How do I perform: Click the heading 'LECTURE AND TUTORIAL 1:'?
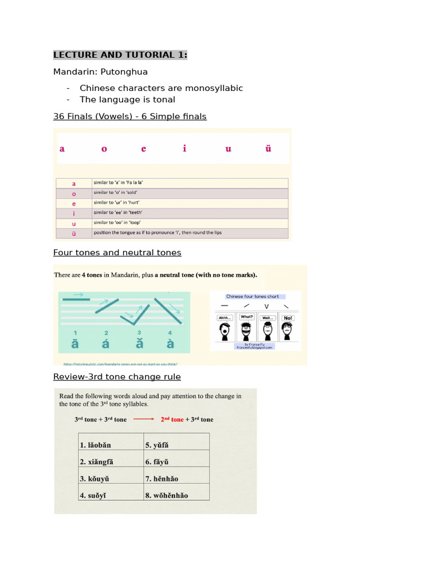pos(120,55)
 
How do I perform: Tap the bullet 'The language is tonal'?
pos(127,100)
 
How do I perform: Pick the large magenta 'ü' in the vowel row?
pos(268,149)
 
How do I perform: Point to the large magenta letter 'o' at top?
pos(104,149)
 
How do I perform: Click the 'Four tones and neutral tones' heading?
pos(117,252)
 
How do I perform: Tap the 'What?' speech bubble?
pos(246,317)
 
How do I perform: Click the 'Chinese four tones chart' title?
pos(253,296)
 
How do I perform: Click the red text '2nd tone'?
pos(172,419)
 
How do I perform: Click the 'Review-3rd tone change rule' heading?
pos(117,377)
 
